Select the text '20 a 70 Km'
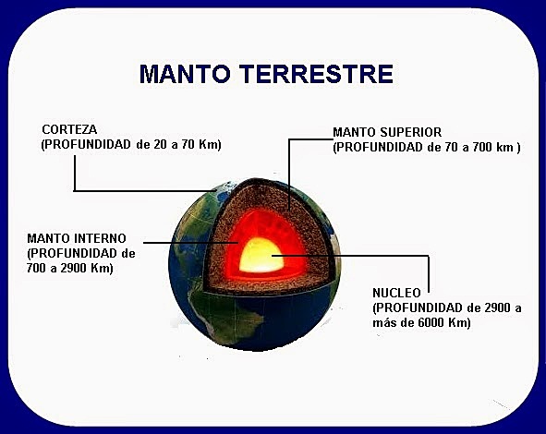pos(189,145)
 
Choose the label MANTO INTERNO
pos(77,237)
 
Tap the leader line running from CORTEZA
pos(139,191)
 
